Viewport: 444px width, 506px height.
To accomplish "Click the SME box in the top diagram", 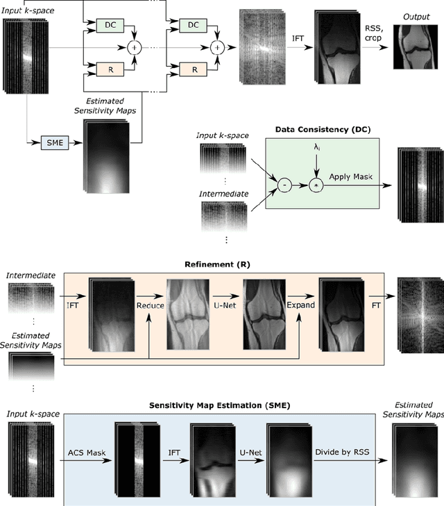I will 52,141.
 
